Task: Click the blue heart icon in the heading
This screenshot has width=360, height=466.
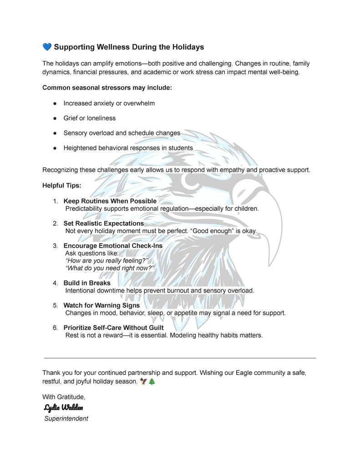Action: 47,47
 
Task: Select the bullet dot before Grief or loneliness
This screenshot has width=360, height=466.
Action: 54,118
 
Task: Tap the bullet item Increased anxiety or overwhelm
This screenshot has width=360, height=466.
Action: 109,103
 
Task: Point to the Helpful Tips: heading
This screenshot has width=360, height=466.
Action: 62,186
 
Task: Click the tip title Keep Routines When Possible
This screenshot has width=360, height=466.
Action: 110,201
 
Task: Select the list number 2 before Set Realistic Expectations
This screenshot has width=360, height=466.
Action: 55,223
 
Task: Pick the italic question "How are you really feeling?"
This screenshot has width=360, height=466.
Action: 107,261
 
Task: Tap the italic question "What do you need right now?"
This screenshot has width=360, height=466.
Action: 110,268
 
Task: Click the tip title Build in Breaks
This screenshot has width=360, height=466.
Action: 87,283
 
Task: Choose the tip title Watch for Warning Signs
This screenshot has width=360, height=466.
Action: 101,305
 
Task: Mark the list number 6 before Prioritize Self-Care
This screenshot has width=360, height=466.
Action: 55,328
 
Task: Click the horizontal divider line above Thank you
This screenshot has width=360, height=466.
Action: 179,358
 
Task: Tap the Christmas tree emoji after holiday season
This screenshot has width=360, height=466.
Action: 152,382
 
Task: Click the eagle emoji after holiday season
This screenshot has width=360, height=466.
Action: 144,382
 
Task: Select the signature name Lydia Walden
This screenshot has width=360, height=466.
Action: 63,407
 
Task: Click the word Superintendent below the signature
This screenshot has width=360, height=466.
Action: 66,418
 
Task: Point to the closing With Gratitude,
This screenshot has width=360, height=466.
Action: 64,397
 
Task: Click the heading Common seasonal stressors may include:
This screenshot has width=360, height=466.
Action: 107,88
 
